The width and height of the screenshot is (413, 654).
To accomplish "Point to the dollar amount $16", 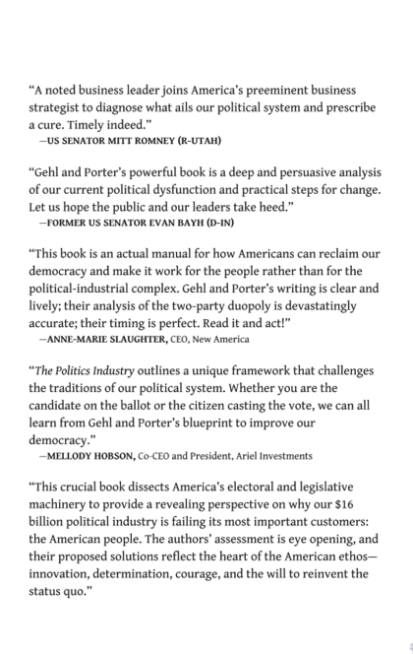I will click(374, 503).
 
